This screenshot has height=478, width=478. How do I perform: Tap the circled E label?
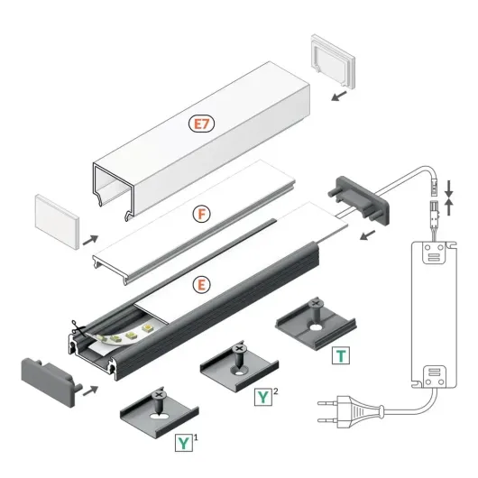tap(203, 284)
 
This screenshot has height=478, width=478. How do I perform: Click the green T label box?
tap(340, 354)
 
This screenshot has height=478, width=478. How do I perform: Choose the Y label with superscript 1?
tap(184, 442)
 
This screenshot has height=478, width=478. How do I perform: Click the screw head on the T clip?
tap(316, 305)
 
